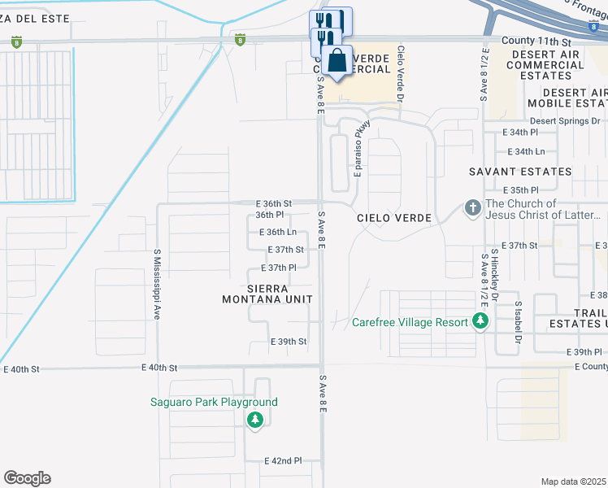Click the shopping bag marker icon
tap(337, 60)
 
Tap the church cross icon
tap(472, 209)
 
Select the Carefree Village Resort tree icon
tap(480, 322)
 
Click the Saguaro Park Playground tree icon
tap(255, 419)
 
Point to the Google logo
tap(27, 478)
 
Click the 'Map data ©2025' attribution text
tap(574, 481)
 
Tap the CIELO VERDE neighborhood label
tap(392, 218)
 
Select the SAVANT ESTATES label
tap(520, 172)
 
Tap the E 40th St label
tap(22, 369)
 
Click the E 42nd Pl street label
tap(283, 460)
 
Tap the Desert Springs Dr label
tap(565, 120)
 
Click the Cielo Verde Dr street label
tap(401, 73)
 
